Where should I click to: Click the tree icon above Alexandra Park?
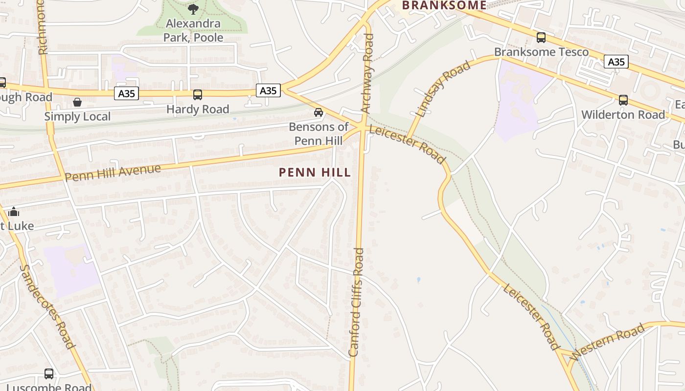(x=193, y=9)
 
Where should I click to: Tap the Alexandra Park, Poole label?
(x=193, y=30)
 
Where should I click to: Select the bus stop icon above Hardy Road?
(x=198, y=95)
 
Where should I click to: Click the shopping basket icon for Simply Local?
(x=77, y=102)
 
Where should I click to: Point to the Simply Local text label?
(x=77, y=116)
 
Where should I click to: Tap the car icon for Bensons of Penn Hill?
(x=319, y=112)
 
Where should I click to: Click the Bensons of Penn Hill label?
(x=319, y=134)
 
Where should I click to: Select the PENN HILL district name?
(x=315, y=172)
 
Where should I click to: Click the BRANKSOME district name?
(x=444, y=5)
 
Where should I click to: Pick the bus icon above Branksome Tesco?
(x=541, y=38)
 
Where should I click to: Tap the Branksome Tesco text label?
(x=541, y=52)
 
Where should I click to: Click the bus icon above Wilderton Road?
(x=623, y=100)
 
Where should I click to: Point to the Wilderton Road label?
(x=623, y=115)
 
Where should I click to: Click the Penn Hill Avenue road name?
(x=113, y=173)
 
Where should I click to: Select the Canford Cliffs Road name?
(x=356, y=302)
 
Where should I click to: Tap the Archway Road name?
(x=367, y=73)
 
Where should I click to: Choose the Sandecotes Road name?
(x=47, y=306)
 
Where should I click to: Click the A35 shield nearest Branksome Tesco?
(x=616, y=62)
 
